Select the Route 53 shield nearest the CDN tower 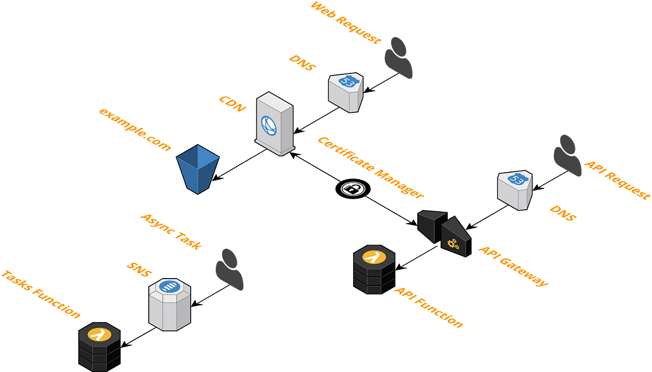coord(346,92)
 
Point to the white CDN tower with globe coord(274,124)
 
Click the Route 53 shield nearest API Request coord(515,190)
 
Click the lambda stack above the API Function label coord(374,270)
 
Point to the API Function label coord(429,307)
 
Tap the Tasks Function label coord(41,294)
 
